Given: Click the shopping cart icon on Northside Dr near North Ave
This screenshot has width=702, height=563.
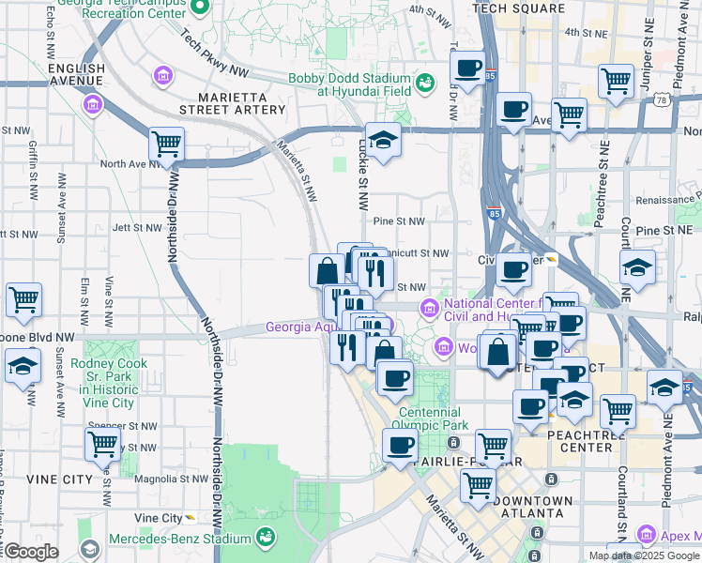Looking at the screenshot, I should click(x=166, y=145).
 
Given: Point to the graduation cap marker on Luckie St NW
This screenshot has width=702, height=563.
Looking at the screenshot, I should click(x=383, y=140).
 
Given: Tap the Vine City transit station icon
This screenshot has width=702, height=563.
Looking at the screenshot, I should click(x=191, y=517).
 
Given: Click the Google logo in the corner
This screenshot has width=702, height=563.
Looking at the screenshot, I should click(x=30, y=551).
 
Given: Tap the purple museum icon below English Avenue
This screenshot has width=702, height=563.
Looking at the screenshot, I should click(x=92, y=102).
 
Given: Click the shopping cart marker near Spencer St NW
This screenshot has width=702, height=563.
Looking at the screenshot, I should click(x=102, y=443).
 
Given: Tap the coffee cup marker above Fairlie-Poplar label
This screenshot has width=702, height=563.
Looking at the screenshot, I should click(x=401, y=444).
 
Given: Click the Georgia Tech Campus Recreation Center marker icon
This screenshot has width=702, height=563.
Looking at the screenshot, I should click(x=199, y=8).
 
